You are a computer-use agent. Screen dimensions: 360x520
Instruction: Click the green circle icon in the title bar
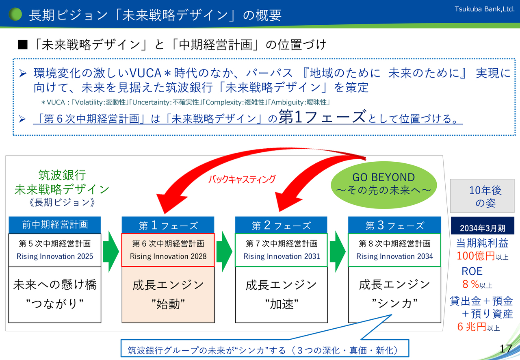tap(15, 15)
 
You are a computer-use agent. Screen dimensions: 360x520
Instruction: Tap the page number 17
tap(505, 348)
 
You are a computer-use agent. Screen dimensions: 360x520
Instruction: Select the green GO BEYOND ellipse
tap(383, 183)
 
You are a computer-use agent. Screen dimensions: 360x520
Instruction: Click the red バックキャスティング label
tap(242, 179)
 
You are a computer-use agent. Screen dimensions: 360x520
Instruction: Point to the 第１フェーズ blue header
tap(168, 225)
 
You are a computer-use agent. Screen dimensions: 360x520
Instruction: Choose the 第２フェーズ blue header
tap(281, 225)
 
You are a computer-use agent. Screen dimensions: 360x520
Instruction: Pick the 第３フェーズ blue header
tap(394, 225)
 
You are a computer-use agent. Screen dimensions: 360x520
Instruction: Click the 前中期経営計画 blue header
tap(55, 224)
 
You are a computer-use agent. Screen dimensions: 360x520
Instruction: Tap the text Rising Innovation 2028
tap(168, 256)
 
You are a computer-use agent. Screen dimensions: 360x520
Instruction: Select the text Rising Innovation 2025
tap(55, 256)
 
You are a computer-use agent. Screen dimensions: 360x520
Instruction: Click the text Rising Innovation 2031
tap(281, 256)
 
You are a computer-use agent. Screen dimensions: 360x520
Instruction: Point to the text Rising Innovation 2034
tap(394, 256)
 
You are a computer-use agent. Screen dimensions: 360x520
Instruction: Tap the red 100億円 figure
tap(475, 256)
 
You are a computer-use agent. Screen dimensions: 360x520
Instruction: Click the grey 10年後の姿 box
tap(482, 196)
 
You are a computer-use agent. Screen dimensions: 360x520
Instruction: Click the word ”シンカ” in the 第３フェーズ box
tap(394, 304)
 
